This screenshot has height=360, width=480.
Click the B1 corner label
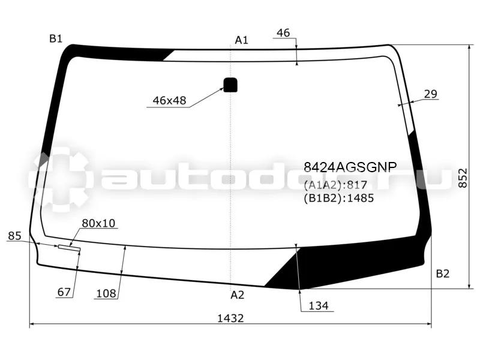coord(56,38)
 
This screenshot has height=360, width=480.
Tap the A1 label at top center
coord(242,40)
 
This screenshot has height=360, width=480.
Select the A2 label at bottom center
coord(237,295)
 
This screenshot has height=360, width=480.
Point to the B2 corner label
coord(442,274)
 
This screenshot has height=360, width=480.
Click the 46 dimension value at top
coord(283,33)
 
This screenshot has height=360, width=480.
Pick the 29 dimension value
coord(431,94)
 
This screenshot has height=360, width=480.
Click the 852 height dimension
coord(463,178)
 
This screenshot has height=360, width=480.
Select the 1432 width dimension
coord(230,319)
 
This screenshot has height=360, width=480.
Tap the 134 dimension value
coord(319,305)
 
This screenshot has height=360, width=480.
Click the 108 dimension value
coord(106,293)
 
